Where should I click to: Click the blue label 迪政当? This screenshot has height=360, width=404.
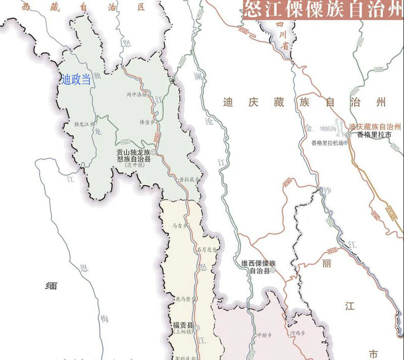coord(76,79)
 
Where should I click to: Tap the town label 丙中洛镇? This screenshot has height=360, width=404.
coord(137,94)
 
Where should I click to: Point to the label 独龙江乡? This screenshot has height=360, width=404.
coord(84,124)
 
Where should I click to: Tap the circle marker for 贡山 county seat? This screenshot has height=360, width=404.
coord(153,152)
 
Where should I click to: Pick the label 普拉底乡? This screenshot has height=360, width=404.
coord(189,179)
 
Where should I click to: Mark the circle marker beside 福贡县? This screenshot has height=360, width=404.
coord(197,326)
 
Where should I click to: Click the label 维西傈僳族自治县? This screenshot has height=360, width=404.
coord(259,267)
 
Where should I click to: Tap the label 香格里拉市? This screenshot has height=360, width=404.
coord(374,135)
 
